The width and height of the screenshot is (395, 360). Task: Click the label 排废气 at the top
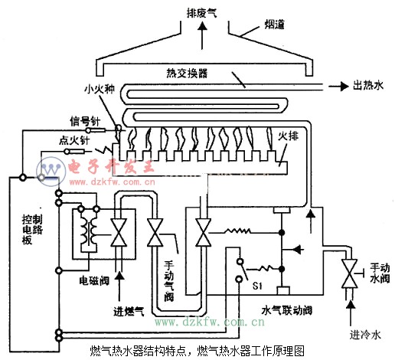pyautogui.click(x=201, y=13)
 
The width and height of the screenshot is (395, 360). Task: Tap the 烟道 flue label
pyautogui.click(x=274, y=25)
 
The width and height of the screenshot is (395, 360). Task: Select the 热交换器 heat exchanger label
pyautogui.click(x=187, y=74)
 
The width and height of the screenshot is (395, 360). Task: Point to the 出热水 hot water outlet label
pyautogui.click(x=368, y=86)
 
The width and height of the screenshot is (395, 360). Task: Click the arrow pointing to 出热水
pyautogui.click(x=338, y=87)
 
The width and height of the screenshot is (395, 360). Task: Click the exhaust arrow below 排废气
pyautogui.click(x=202, y=35)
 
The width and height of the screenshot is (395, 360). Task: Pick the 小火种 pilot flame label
pyautogui.click(x=100, y=89)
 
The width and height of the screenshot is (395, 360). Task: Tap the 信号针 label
pyautogui.click(x=85, y=121)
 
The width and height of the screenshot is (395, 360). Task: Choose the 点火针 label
pyautogui.click(x=74, y=140)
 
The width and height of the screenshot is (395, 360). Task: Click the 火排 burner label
pyautogui.click(x=289, y=136)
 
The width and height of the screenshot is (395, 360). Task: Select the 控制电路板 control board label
pyautogui.click(x=32, y=230)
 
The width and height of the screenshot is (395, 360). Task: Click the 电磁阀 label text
pyautogui.click(x=94, y=281)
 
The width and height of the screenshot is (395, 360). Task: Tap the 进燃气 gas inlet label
pyautogui.click(x=129, y=311)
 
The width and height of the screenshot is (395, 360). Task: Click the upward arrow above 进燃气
pyautogui.click(x=119, y=286)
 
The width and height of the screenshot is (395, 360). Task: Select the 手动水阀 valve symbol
pyautogui.click(x=349, y=273)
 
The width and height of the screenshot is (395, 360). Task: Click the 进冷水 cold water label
pyautogui.click(x=365, y=334)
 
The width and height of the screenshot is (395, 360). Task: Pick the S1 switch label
pyautogui.click(x=257, y=286)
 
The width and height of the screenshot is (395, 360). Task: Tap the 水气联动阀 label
pyautogui.click(x=287, y=310)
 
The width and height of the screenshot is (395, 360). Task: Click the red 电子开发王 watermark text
pyautogui.click(x=111, y=166)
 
